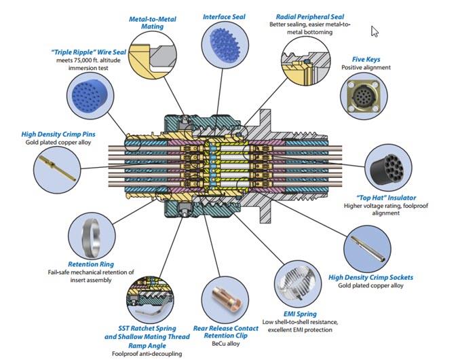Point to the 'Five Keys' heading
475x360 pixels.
[x=366, y=59]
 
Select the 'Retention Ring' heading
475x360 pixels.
[x=90, y=264]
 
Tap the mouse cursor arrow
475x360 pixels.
[x=374, y=31]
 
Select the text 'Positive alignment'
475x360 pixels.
[x=366, y=68]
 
